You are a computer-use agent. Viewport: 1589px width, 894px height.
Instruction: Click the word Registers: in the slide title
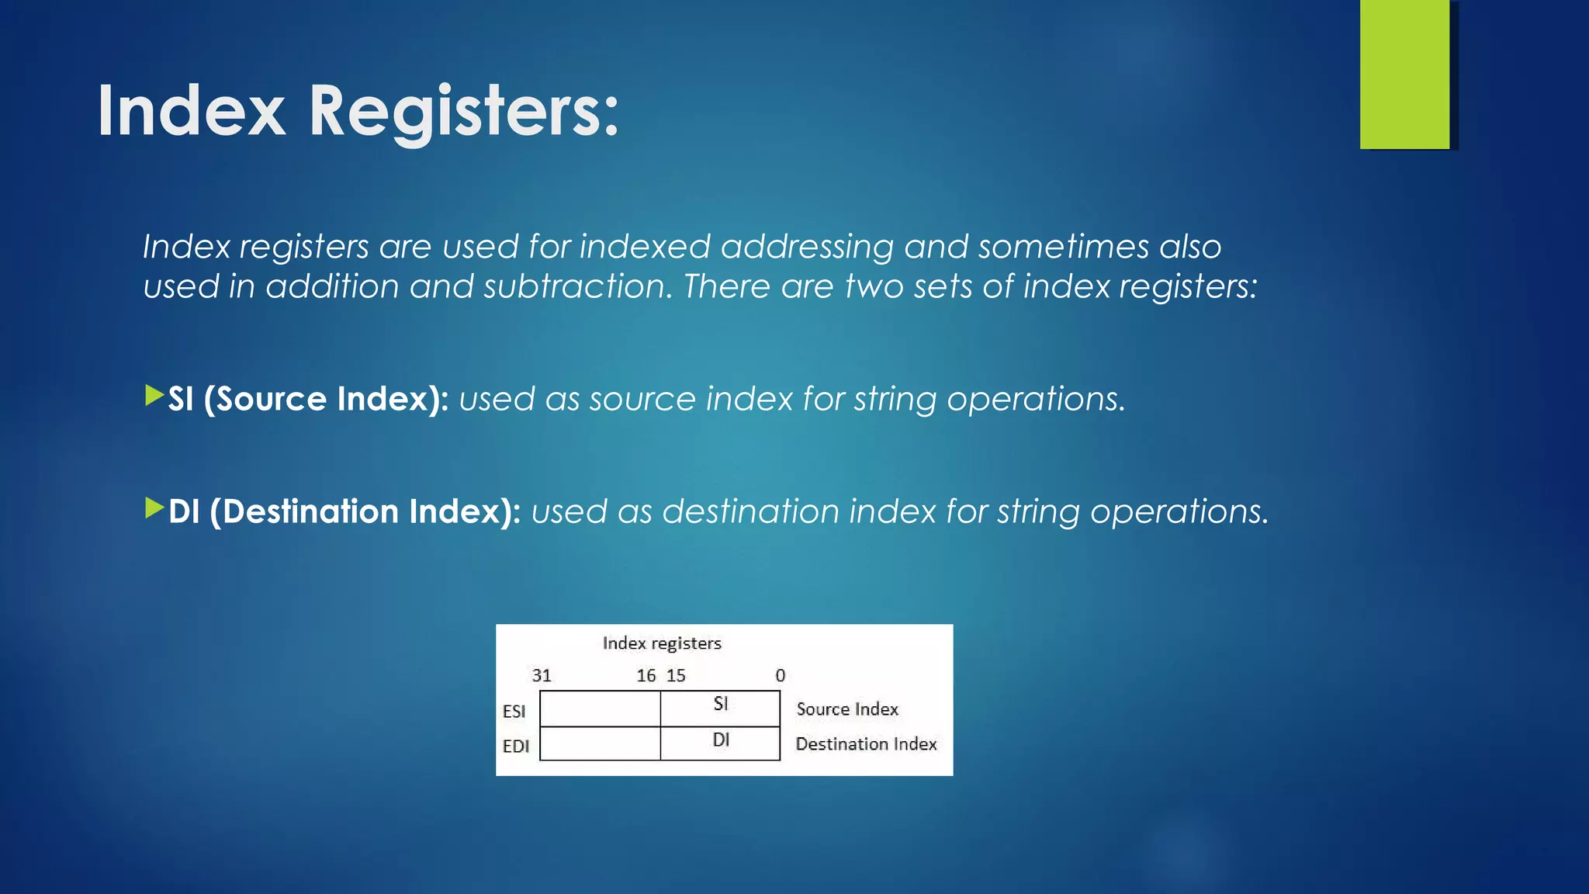464,113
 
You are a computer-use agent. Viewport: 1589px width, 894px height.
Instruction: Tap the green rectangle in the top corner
1404,74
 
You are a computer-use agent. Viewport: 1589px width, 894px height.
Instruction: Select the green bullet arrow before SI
154,396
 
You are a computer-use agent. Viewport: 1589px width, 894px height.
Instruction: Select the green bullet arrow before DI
154,508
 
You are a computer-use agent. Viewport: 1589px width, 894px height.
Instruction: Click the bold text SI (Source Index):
308,399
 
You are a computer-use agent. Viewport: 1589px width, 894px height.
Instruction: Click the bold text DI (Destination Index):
344,511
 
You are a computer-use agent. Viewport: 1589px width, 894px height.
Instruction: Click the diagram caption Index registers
662,643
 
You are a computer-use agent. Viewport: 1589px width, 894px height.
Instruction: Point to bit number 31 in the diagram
542,676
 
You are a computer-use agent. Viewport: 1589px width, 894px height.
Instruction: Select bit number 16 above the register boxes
646,676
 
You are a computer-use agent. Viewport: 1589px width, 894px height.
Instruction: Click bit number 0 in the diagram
781,676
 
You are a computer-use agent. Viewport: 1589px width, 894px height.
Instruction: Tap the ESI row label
514,711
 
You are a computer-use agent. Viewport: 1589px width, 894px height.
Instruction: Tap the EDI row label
515,746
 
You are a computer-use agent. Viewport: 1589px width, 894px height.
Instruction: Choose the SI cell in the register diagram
720,707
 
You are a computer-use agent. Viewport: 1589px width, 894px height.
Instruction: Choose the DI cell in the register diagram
720,743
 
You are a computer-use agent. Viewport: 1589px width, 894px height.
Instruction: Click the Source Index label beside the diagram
847,709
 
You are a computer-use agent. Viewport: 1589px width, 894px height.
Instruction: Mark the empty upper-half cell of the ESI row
600,709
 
